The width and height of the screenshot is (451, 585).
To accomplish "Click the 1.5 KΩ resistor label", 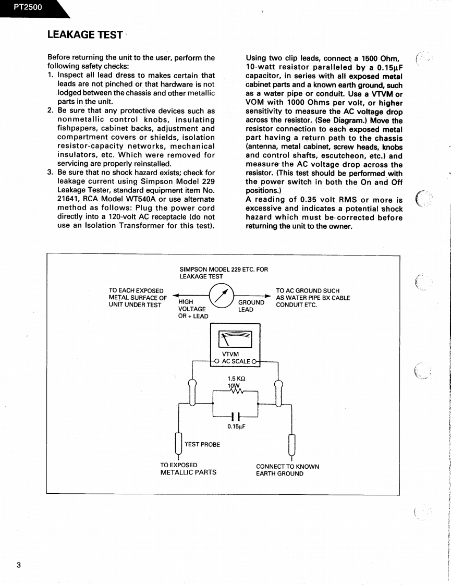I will [x=236, y=379].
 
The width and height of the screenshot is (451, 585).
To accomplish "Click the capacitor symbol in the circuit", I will [x=236, y=417].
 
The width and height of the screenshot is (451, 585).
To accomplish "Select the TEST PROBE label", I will [x=202, y=444].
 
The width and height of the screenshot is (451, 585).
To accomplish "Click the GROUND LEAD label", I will [x=251, y=306].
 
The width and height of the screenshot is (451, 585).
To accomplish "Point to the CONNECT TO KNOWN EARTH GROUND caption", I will [x=287, y=470].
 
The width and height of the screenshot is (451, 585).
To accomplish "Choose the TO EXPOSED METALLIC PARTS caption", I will [x=188, y=469].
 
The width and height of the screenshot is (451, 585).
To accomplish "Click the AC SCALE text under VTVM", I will [x=236, y=361].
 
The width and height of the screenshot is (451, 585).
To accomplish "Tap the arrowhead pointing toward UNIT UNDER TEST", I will [x=175, y=295].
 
